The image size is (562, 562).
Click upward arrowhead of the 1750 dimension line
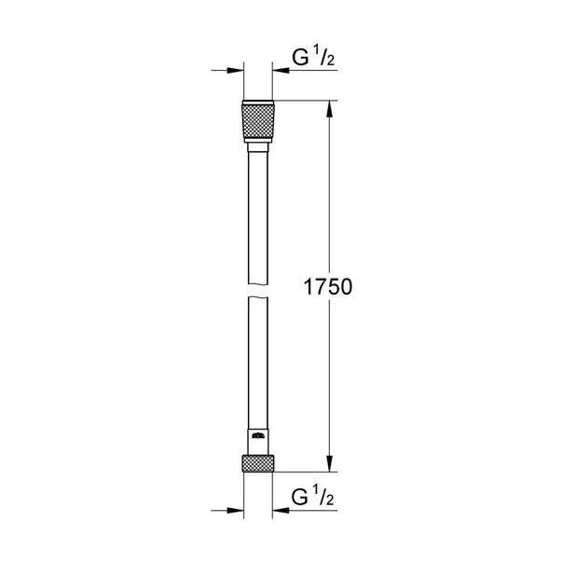327,107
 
